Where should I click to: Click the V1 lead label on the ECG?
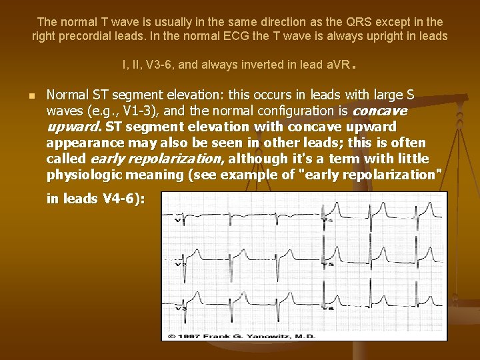177,221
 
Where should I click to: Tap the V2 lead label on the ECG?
177,264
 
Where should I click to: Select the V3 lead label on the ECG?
177,309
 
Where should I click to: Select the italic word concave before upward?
379,111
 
